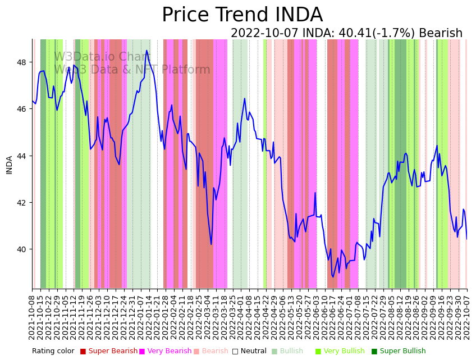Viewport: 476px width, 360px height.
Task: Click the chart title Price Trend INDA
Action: click(242, 15)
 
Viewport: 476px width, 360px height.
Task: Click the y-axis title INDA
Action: click(9, 165)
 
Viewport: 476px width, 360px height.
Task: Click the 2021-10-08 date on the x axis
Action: click(33, 315)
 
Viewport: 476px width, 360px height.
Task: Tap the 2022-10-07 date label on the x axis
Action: click(467, 315)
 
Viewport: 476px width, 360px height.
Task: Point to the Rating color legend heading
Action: click(53, 351)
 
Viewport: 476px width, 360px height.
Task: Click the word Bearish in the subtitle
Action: click(441, 34)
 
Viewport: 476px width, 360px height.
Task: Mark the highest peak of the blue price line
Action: click(147, 51)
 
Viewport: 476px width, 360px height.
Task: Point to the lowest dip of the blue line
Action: click(333, 277)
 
